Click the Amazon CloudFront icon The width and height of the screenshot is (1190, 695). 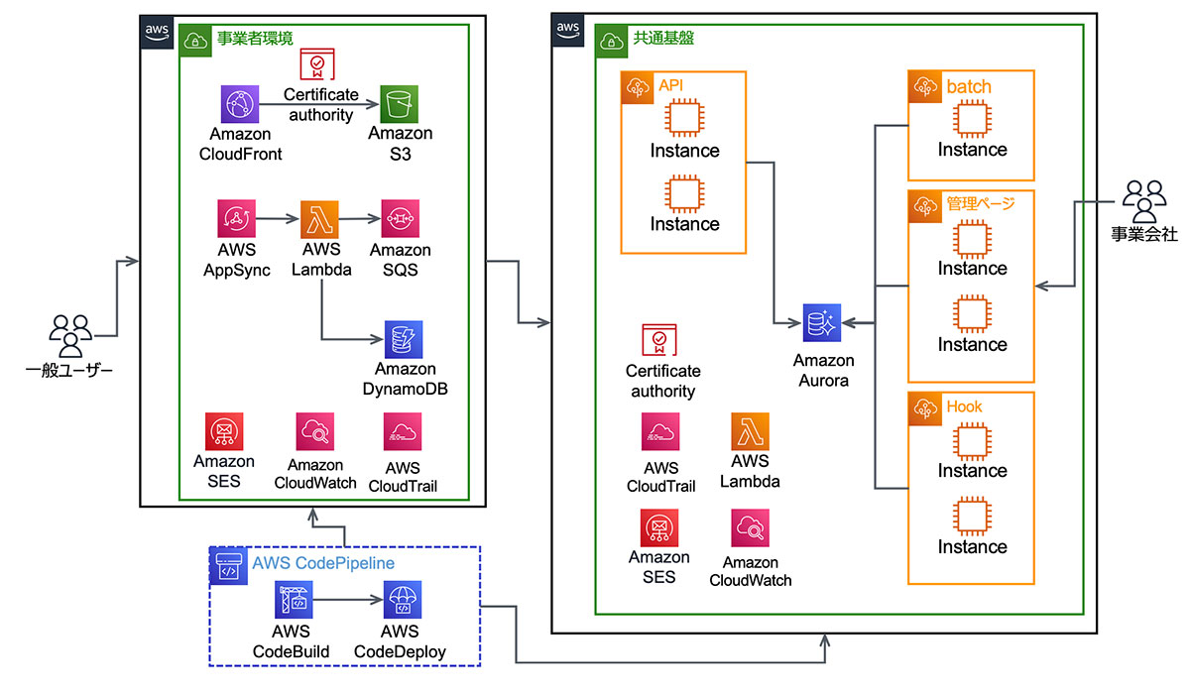[x=240, y=104]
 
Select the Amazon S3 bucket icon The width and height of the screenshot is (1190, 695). [x=400, y=104]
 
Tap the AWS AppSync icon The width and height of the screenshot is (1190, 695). [x=238, y=219]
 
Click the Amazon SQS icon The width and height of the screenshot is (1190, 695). [x=400, y=219]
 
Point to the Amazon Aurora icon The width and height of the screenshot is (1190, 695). [x=822, y=323]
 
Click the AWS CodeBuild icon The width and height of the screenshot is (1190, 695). [x=295, y=601]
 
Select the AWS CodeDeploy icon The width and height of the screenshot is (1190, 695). [x=403, y=601]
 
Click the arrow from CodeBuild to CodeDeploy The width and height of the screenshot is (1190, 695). [x=348, y=601]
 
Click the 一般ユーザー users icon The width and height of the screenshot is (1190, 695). [x=70, y=336]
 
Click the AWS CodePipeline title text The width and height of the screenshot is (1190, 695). [x=323, y=563]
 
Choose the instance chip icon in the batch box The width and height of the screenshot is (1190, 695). [x=972, y=119]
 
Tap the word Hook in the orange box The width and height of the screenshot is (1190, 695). [x=964, y=406]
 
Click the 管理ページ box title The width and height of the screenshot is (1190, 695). [x=981, y=204]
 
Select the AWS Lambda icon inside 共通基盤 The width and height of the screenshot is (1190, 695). [x=751, y=432]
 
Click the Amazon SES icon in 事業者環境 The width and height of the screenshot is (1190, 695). [x=224, y=432]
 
